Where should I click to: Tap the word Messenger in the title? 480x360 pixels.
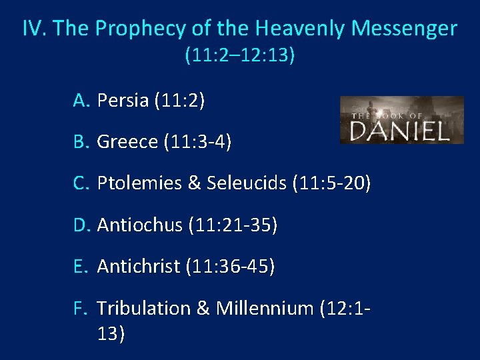(x=404, y=29)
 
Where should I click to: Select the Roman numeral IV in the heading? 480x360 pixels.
(x=34, y=29)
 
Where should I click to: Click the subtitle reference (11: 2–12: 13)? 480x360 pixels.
(x=240, y=55)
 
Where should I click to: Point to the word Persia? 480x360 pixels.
(x=123, y=101)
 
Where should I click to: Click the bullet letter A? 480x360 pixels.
(x=82, y=101)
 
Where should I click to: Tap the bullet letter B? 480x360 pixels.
(x=82, y=142)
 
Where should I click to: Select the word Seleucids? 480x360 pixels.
(x=249, y=183)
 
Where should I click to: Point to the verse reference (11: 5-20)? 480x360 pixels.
(x=331, y=183)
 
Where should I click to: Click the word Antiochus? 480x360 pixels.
(x=139, y=225)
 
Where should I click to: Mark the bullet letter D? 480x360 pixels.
(x=82, y=225)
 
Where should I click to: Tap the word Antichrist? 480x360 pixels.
(x=139, y=267)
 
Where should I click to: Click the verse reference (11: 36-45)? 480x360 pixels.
(x=231, y=267)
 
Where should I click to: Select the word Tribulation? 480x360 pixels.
(x=143, y=309)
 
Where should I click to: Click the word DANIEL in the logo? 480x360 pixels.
(x=400, y=129)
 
